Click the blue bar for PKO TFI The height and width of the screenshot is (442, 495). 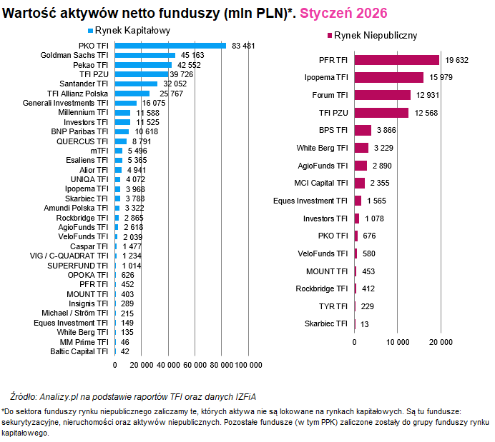pos(170,46)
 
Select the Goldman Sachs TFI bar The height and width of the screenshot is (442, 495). pos(145,55)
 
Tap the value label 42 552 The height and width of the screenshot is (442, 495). pos(190,65)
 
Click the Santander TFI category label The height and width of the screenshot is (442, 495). pos(83,84)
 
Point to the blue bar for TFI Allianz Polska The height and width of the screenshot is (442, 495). pos(132,94)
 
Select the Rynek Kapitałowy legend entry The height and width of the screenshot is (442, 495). pos(127,31)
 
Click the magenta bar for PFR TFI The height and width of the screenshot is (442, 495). pos(397,60)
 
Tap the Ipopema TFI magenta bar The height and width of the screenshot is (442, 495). pos(389,77)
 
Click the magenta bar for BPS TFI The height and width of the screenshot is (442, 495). pos(363,130)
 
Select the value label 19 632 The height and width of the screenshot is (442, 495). pos(457,61)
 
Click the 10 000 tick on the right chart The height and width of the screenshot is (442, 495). pos(398,342)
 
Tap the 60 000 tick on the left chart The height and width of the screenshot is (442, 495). pos(195,365)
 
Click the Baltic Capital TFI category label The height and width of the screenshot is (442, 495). pos(79,351)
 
